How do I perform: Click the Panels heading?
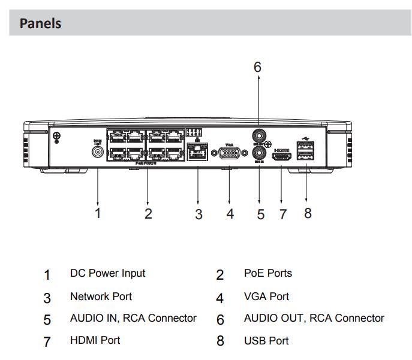tap(41, 23)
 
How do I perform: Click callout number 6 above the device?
tap(257, 67)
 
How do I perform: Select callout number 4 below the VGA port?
tap(230, 213)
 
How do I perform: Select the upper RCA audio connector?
tap(258, 135)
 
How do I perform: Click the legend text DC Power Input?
tap(107, 273)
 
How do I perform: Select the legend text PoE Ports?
tap(267, 273)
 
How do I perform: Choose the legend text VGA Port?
tap(266, 296)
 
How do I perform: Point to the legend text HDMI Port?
tap(95, 340)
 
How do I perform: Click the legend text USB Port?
tap(266, 341)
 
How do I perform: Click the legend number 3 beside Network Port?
tap(47, 298)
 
